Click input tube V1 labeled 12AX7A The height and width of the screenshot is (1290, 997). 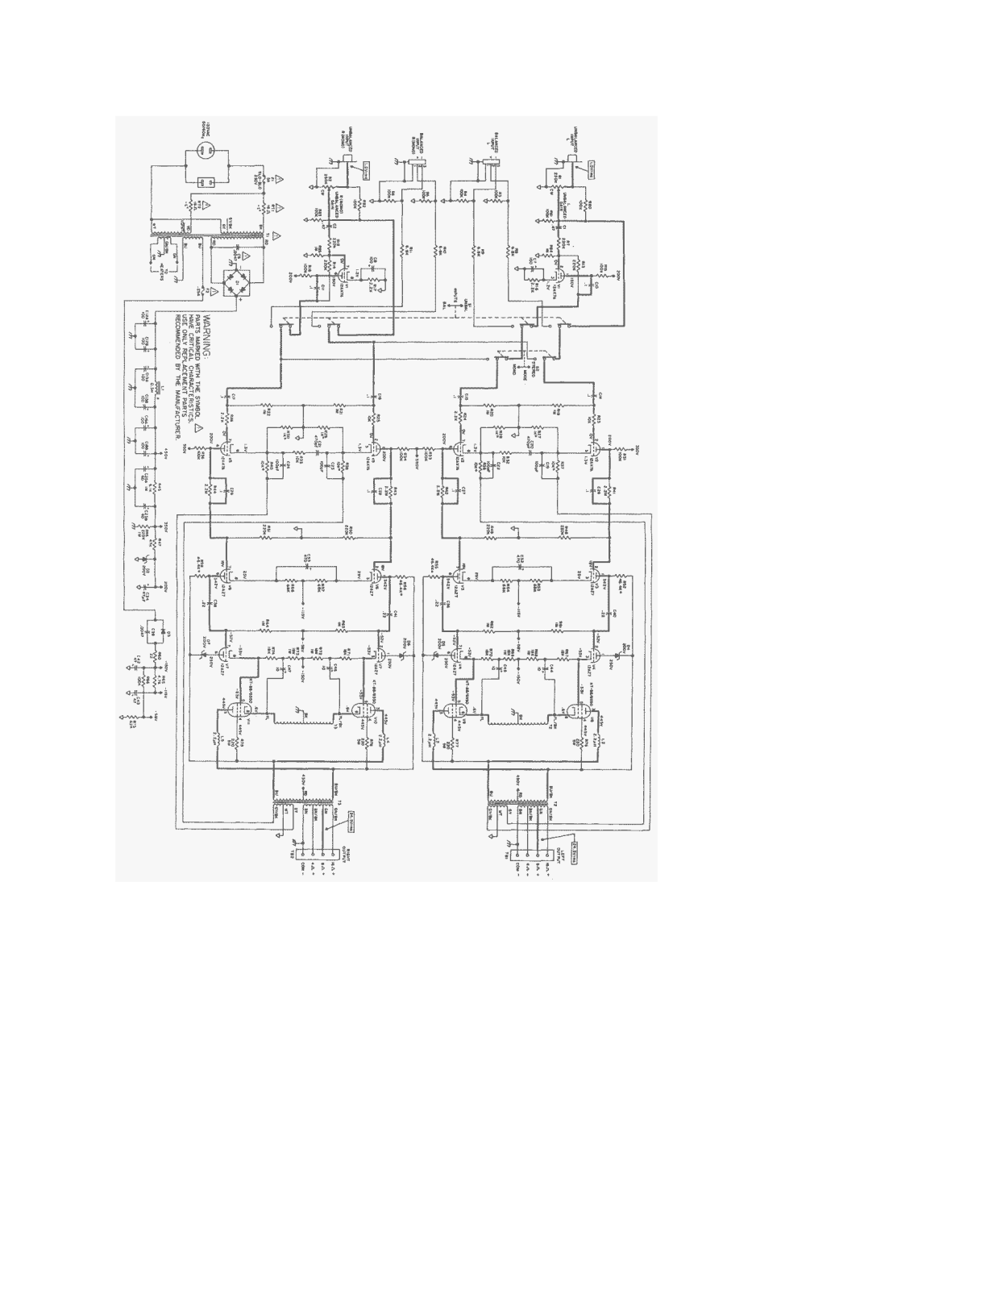point(559,271)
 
